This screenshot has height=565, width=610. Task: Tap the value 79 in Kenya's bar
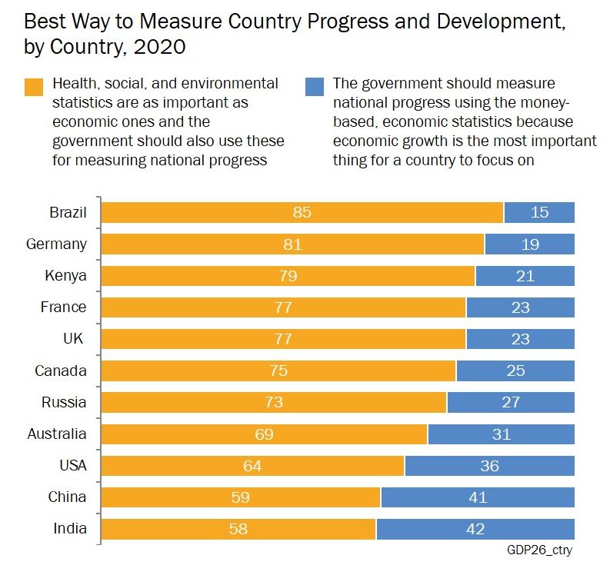pos(288,276)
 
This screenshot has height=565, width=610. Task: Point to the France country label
pos(63,307)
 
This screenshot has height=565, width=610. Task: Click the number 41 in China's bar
pos(477,497)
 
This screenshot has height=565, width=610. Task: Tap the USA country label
pos(72,465)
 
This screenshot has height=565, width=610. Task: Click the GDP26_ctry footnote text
pos(539,550)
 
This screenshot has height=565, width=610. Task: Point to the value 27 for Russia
pos(510,402)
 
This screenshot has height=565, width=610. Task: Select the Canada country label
pos(60,371)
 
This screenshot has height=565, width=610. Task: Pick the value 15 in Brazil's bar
pos(539,212)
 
